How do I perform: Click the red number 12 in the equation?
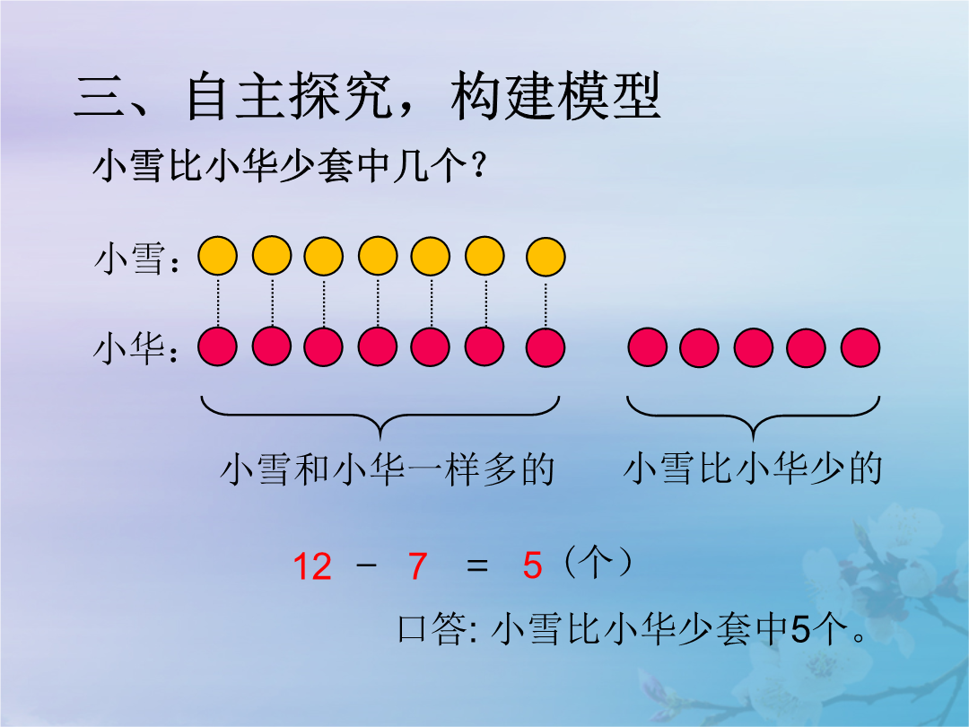(313, 566)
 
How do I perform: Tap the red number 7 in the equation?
(418, 566)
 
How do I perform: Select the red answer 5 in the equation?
(532, 565)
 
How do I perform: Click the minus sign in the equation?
(367, 565)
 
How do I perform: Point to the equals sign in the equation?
(476, 565)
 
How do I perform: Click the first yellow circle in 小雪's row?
(217, 256)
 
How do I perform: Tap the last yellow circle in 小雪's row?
(546, 256)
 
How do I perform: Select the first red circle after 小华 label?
(217, 347)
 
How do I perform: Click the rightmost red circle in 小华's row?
(860, 347)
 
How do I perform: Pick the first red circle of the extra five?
(648, 347)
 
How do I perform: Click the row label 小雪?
(130, 258)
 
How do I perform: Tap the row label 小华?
(130, 348)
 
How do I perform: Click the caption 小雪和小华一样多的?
(388, 469)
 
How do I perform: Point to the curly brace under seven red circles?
(380, 416)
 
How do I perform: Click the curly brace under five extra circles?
(754, 416)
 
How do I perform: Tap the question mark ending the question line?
(477, 166)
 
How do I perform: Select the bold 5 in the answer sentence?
(800, 629)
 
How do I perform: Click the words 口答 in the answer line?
(432, 629)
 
